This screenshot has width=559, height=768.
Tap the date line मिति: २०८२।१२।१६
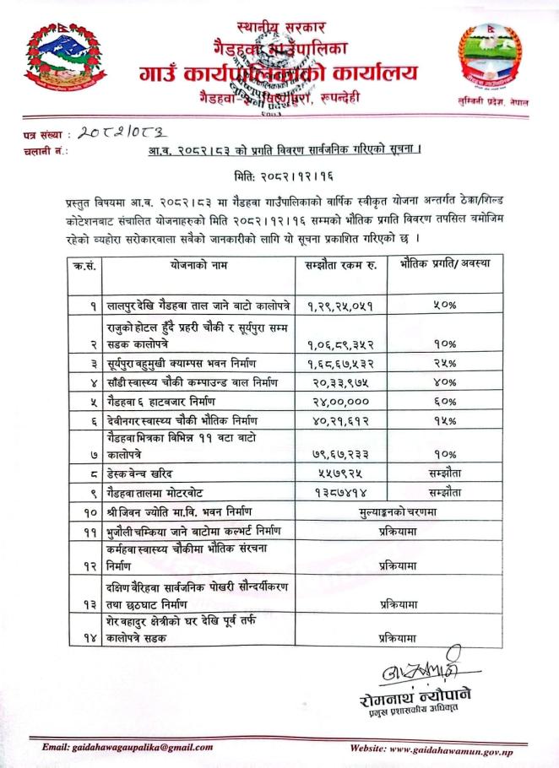(x=279, y=180)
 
